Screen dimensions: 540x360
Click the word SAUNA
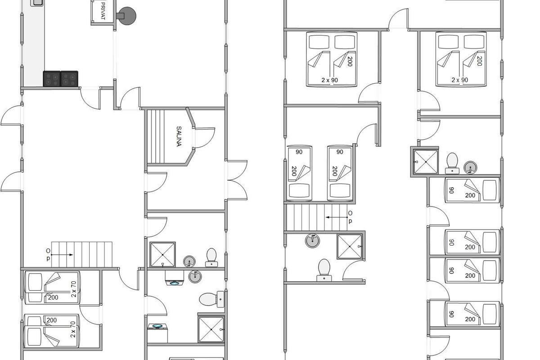click(x=179, y=136)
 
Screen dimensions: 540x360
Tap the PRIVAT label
click(x=103, y=11)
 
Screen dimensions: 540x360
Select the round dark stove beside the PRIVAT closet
click(x=126, y=16)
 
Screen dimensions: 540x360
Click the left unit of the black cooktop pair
click(x=52, y=79)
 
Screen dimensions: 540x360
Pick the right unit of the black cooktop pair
click(x=69, y=79)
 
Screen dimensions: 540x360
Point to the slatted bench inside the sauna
click(x=156, y=136)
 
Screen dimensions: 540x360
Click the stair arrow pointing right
click(x=62, y=255)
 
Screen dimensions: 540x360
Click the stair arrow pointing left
click(x=337, y=217)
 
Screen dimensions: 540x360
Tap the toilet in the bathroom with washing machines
click(x=211, y=299)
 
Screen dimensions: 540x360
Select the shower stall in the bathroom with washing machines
click(x=211, y=329)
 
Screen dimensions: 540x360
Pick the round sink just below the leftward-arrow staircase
click(x=312, y=241)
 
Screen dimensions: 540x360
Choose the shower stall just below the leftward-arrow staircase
click(x=350, y=247)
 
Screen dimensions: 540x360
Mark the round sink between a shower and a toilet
click(x=189, y=261)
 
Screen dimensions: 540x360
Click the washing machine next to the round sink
click(x=174, y=278)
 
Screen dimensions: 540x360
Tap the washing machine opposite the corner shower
click(x=157, y=333)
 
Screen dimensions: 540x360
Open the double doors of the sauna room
click(x=238, y=180)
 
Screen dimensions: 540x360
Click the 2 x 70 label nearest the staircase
click(x=73, y=289)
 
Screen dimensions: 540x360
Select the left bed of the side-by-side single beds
click(x=299, y=173)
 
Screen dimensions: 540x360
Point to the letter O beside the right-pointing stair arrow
click(x=48, y=251)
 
